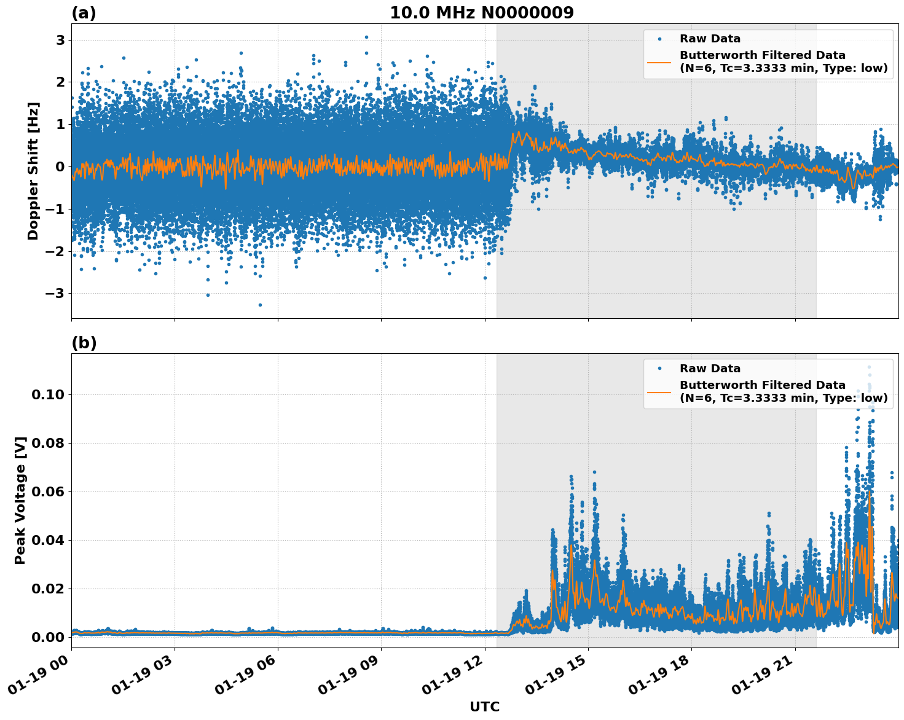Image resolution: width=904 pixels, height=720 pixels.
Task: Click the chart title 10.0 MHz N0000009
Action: pyautogui.click(x=481, y=13)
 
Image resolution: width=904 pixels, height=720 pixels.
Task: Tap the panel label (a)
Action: pyautogui.click(x=84, y=13)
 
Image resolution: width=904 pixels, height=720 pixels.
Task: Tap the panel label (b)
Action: pyautogui.click(x=84, y=343)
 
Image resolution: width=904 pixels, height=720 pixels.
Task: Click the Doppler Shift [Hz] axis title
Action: pyautogui.click(x=33, y=171)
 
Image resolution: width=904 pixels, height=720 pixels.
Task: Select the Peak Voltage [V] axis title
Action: pyautogui.click(x=20, y=500)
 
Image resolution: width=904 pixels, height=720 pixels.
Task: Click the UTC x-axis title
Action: pyautogui.click(x=484, y=706)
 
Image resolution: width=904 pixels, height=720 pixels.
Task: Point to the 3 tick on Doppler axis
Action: pyautogui.click(x=60, y=40)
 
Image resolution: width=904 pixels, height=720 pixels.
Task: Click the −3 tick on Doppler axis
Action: pyautogui.click(x=55, y=293)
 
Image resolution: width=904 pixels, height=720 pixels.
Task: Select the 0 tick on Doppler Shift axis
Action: pyautogui.click(x=60, y=166)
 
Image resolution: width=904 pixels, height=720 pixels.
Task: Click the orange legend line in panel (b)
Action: pyautogui.click(x=659, y=391)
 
